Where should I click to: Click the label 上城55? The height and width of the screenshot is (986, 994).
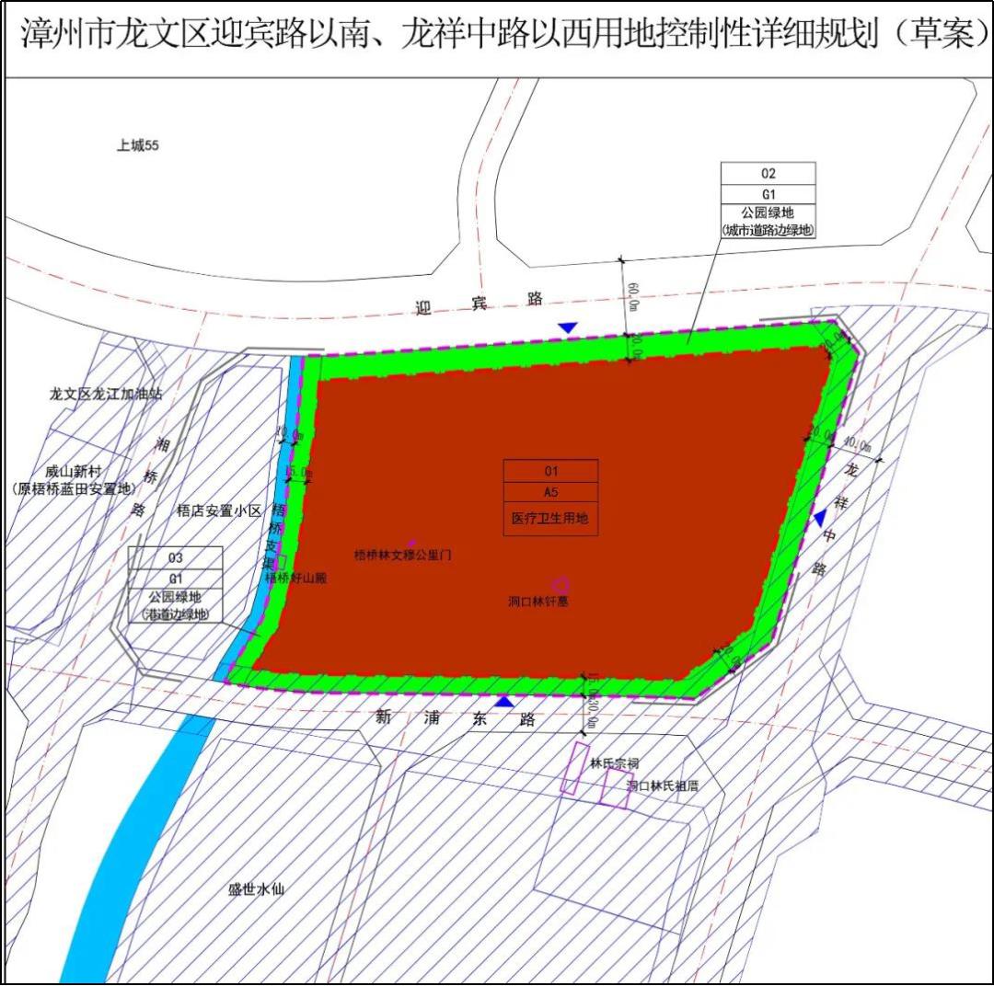coord(138,145)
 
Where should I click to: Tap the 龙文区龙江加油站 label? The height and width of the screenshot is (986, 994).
coord(107,395)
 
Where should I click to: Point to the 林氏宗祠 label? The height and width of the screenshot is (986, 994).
coord(615,763)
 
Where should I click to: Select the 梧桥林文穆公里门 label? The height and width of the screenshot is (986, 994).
coord(402,556)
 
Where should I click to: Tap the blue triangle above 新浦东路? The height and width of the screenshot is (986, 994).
coord(503,701)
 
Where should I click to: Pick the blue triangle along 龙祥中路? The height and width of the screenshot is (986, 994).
coord(819,519)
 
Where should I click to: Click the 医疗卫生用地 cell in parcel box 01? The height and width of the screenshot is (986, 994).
coord(550,519)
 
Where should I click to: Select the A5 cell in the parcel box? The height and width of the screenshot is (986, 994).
coord(550,492)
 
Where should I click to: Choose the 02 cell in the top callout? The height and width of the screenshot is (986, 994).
coord(769,173)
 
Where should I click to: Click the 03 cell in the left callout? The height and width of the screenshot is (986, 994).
coord(175,557)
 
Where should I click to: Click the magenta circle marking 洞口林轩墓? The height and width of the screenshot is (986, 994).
coord(560,584)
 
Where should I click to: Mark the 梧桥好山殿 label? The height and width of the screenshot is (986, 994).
coord(295,579)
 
